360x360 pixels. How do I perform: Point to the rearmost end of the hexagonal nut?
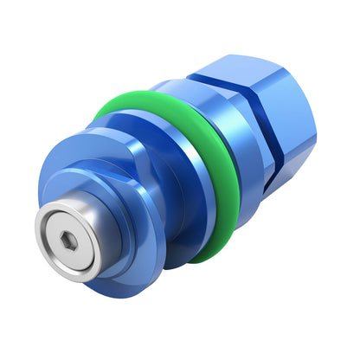(312, 121)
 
